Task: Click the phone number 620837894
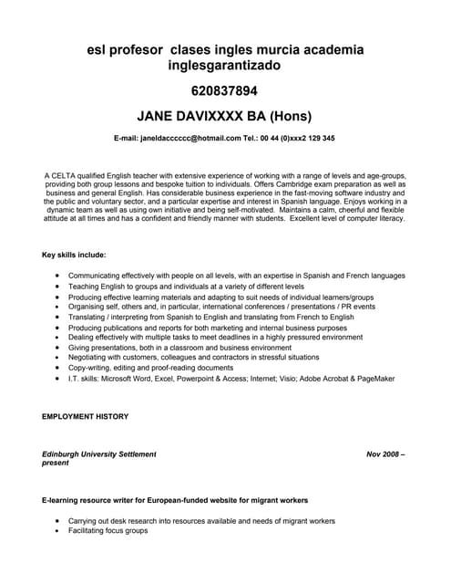point(224,91)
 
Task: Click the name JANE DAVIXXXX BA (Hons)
point(224,117)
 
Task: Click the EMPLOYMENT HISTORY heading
point(86,416)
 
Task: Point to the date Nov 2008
point(384,454)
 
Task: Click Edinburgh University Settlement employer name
point(99,454)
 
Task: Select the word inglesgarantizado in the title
point(225,66)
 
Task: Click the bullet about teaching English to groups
point(186,287)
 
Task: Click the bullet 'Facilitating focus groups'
point(108,530)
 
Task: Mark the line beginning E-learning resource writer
point(174,500)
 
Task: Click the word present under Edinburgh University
point(56,463)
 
